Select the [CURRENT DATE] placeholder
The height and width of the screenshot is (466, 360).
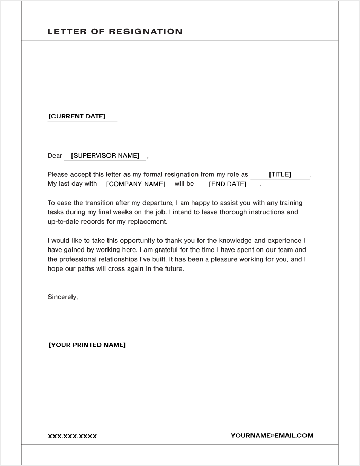click(x=77, y=116)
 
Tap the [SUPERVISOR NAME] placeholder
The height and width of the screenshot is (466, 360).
click(x=105, y=156)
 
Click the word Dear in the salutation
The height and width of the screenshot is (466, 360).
click(x=55, y=156)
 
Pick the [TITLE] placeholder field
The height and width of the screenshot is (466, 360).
click(x=280, y=175)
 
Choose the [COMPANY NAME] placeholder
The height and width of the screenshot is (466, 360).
click(x=136, y=184)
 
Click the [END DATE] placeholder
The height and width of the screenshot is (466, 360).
click(x=227, y=184)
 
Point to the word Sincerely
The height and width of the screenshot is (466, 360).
click(x=63, y=297)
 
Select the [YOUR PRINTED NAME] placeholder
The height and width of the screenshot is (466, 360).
click(x=87, y=345)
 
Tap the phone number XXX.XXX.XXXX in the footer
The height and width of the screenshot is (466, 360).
click(x=73, y=436)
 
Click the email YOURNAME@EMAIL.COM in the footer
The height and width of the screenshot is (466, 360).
click(x=272, y=435)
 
